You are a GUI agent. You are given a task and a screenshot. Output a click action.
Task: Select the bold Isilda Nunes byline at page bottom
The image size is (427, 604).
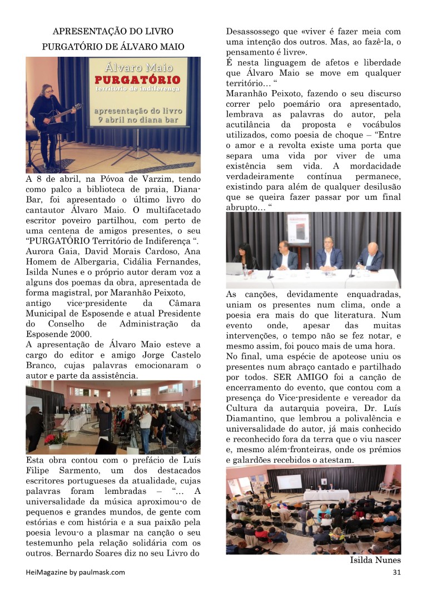(375, 560)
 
